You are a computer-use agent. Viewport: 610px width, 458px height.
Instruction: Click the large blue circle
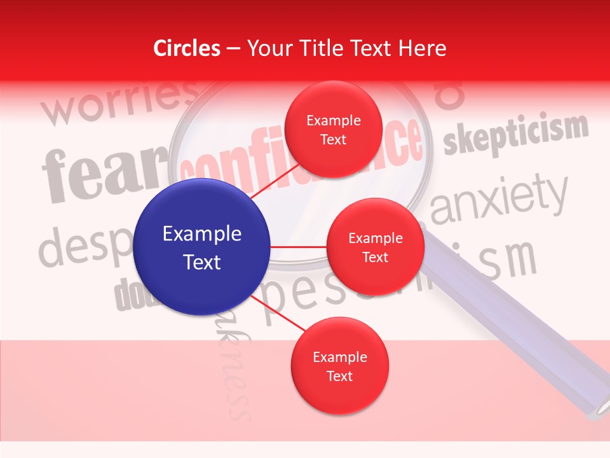tap(202, 247)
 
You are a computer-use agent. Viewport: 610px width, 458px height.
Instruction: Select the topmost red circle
tap(333, 129)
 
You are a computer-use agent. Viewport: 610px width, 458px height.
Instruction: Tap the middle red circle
tap(375, 247)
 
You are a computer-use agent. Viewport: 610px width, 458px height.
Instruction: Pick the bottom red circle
tap(339, 366)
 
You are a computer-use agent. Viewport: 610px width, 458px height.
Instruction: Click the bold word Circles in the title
tap(187, 48)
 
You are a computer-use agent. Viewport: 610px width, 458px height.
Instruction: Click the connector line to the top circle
tap(274, 181)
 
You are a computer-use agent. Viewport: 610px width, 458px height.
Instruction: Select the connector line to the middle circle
tap(299, 247)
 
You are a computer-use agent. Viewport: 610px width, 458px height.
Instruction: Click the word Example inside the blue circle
tap(202, 234)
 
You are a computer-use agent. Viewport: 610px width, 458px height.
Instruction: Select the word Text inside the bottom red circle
tap(339, 376)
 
